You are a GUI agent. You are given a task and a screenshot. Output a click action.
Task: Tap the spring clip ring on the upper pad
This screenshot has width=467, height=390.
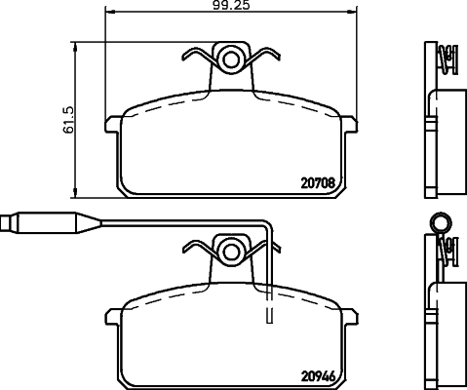click(x=232, y=59)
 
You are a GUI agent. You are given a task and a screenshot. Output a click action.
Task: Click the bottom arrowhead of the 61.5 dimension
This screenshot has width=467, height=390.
click(x=77, y=191)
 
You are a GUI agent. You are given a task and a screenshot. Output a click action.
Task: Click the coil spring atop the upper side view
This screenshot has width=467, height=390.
click(x=447, y=60)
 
